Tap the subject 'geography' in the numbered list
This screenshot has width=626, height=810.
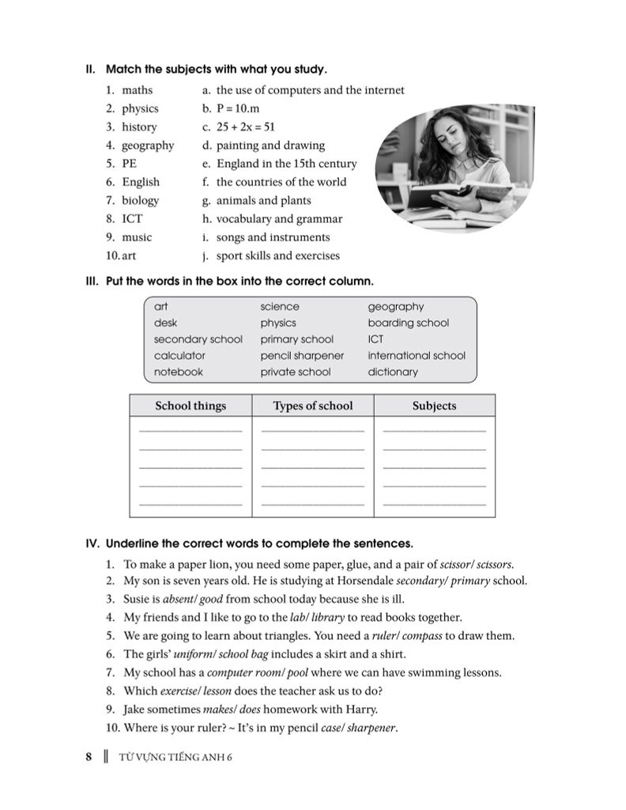coord(147,146)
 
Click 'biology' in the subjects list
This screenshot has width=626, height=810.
coord(140,200)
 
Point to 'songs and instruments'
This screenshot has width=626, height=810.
coord(273,237)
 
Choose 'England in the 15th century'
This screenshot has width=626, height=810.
coord(286,164)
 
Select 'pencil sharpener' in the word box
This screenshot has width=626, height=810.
coord(302,356)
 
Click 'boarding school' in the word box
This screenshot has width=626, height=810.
coord(408,323)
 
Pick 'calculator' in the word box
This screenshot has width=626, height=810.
coord(179,356)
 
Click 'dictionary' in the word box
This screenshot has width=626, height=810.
coord(393,372)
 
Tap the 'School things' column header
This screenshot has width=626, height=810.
coord(190,406)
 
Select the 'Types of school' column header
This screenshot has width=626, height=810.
coord(313,406)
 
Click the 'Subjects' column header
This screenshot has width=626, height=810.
coord(434,406)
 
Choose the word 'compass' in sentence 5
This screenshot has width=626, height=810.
coord(424,636)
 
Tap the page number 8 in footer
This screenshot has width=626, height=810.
coord(89,756)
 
